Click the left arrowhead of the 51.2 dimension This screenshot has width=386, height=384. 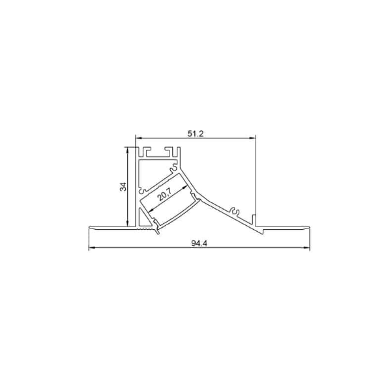point(138,138)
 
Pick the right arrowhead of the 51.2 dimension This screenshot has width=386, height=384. point(252,138)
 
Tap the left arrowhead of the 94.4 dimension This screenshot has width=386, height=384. point(91,248)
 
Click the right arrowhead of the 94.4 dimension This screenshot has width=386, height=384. point(306,248)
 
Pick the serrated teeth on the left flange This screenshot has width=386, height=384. point(145,229)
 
